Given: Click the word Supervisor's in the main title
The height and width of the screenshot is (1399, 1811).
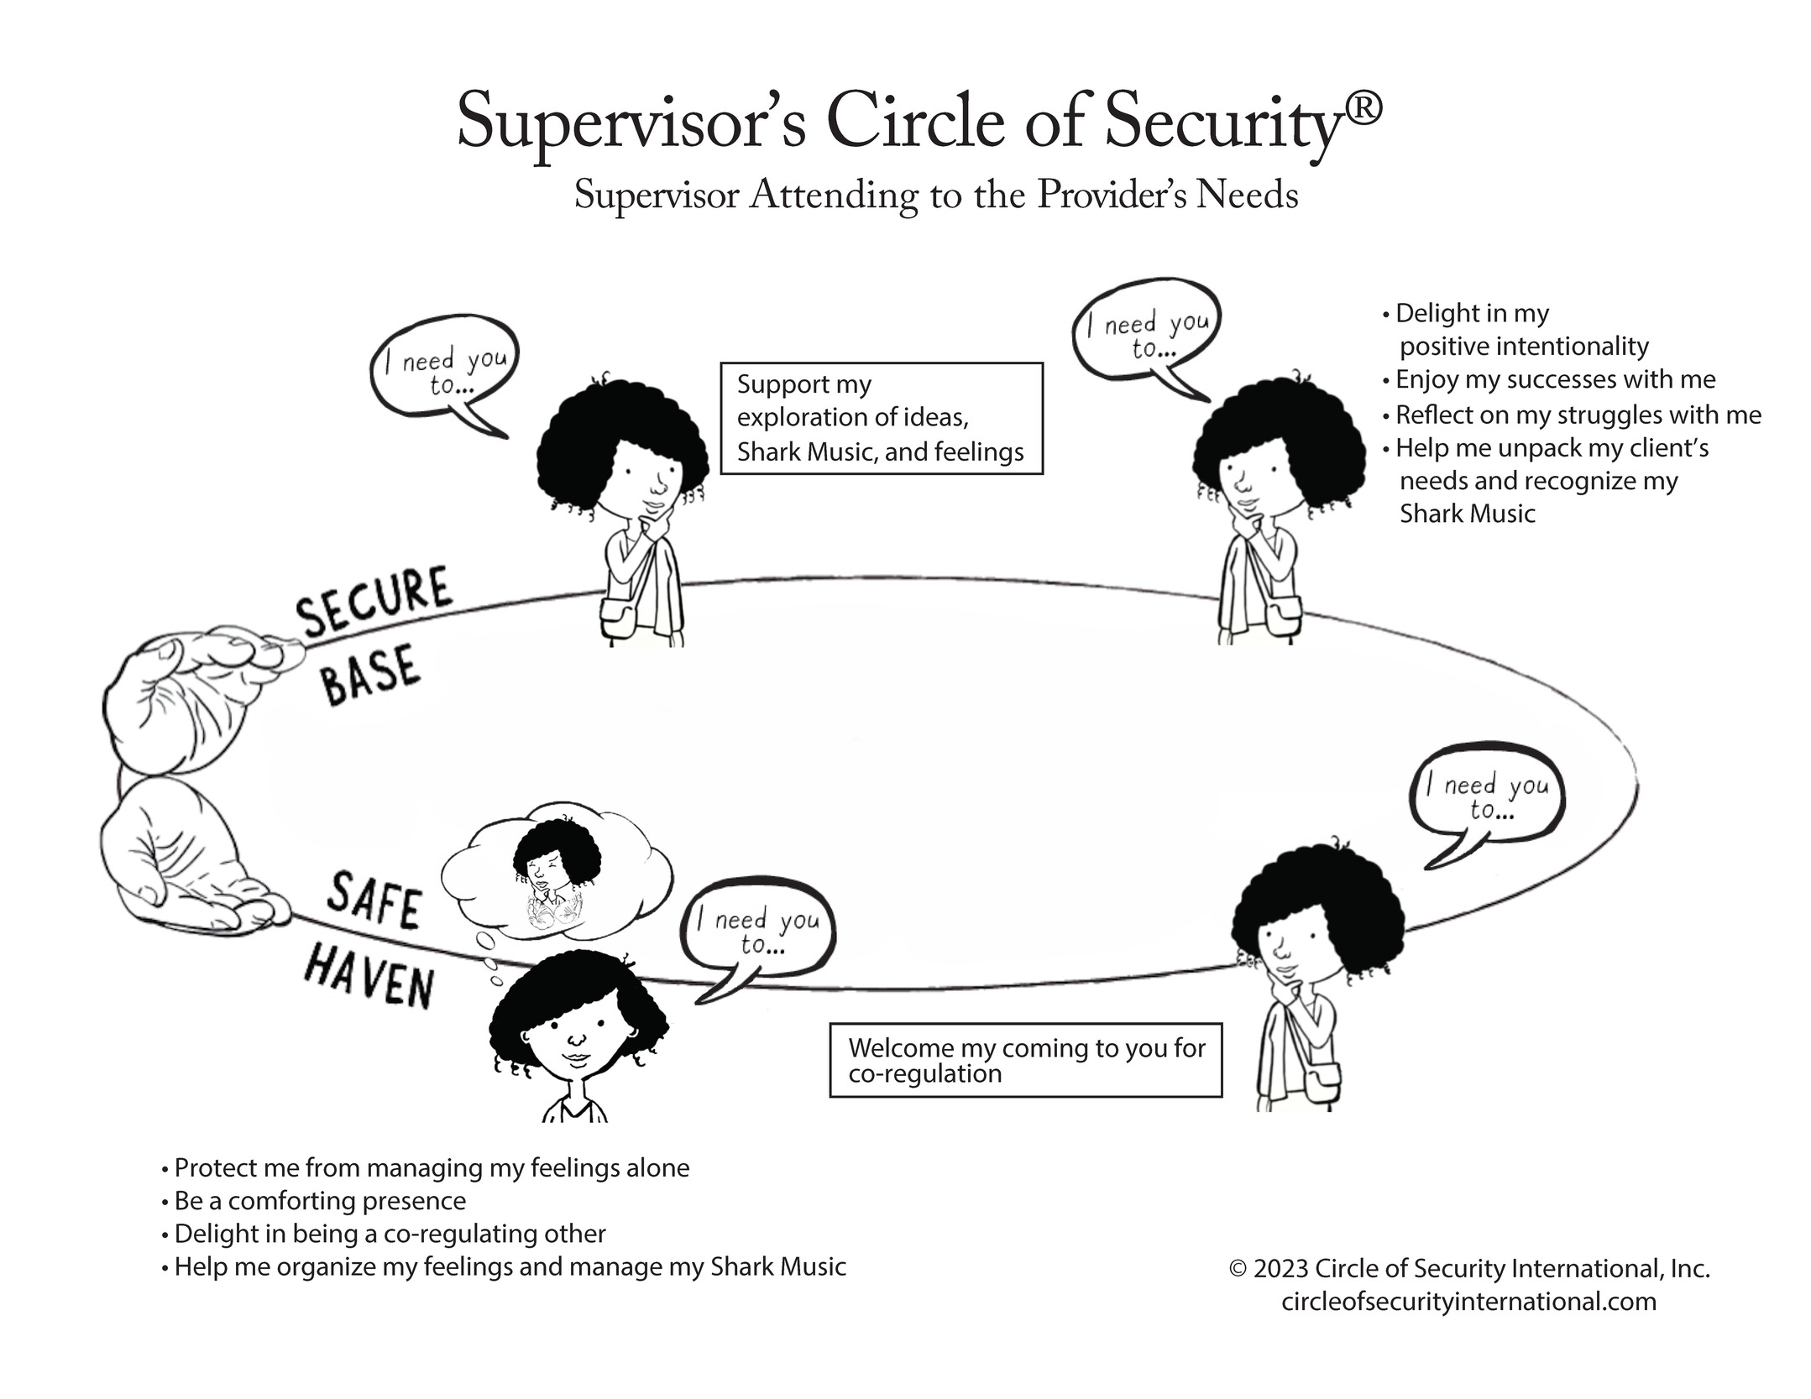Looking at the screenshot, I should (631, 122).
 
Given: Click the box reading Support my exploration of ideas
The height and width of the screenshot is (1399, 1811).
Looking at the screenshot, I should (881, 418).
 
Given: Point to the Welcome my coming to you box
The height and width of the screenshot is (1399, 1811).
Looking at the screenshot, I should (1024, 1060).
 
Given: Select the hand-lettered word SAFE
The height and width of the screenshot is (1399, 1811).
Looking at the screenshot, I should (374, 900).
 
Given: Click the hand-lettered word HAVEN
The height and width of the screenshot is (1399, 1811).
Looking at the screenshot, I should (369, 975).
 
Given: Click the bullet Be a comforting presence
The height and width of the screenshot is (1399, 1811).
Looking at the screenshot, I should (319, 1200).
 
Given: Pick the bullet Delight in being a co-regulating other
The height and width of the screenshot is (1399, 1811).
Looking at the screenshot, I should (389, 1233).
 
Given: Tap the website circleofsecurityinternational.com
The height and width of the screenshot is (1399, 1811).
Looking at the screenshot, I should (1468, 1302).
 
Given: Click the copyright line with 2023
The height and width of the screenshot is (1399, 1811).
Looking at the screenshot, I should (1468, 1268).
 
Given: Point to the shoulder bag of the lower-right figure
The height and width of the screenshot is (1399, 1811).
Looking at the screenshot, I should (1321, 1082).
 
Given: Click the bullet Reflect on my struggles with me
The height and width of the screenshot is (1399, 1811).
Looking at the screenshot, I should (1577, 415).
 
